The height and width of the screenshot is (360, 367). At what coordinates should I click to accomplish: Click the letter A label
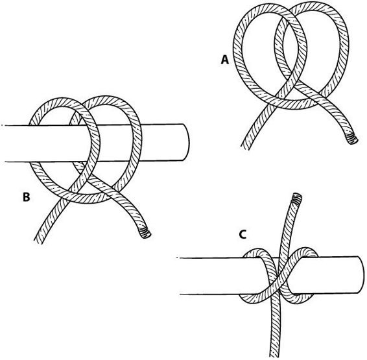pos(225,60)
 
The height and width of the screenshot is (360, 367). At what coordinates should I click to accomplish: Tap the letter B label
pos(26,197)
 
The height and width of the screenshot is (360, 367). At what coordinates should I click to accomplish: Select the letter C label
pos(243,234)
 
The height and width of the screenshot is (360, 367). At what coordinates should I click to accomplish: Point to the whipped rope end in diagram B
pos(145,233)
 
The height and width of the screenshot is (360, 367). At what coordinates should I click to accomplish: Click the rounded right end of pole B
pos(186,142)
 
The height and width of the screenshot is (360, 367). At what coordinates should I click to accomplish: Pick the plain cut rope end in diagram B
pos(38,241)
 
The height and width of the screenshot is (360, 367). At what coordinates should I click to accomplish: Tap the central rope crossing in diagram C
pos(280,276)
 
